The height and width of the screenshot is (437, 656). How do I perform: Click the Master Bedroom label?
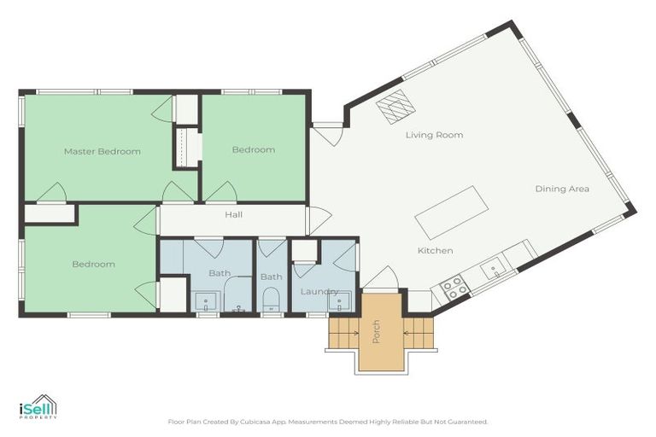[102, 151]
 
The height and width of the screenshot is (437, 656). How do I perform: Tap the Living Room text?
[434, 135]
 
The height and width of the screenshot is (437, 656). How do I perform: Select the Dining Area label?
[562, 189]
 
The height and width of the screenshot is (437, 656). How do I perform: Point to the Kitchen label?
[435, 250]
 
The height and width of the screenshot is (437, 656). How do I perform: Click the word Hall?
[233, 214]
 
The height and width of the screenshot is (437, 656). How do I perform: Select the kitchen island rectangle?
[451, 211]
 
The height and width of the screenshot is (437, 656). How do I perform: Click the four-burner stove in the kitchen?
[452, 287]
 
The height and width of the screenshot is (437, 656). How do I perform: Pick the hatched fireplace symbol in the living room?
[395, 108]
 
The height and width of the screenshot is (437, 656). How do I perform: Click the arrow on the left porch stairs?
[344, 332]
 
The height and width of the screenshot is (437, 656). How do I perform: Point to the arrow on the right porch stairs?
[407, 332]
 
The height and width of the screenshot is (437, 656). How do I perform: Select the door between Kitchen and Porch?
[381, 279]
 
